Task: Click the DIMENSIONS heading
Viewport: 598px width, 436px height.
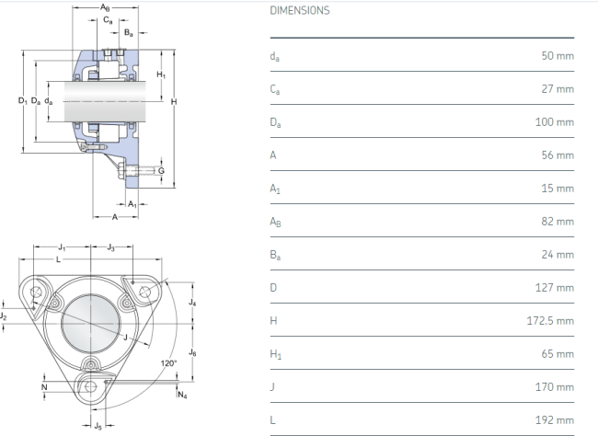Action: pos(300,10)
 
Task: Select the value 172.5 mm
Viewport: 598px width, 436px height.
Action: pos(550,321)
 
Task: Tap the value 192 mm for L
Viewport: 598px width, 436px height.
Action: pos(555,420)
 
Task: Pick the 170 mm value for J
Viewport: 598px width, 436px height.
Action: pos(555,387)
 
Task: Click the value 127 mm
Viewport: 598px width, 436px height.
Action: pos(555,288)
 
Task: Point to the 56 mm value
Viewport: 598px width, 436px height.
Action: pos(558,155)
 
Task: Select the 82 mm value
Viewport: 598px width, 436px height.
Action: pos(558,222)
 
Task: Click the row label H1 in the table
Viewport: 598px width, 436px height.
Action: pos(275,354)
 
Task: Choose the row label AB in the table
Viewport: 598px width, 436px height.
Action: pos(275,222)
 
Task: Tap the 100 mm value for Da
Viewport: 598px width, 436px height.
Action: pos(555,122)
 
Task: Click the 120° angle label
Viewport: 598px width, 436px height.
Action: pos(168,363)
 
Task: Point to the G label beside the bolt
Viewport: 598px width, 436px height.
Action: pos(161,171)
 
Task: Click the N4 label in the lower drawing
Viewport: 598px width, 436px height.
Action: pos(183,395)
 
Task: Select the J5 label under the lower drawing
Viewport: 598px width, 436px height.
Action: pos(98,426)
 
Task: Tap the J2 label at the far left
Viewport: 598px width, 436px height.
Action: pos(4,316)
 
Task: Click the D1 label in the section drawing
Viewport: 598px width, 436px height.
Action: pos(22,101)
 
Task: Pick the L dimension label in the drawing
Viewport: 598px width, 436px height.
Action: pos(58,259)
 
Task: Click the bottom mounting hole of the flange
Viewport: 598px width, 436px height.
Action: pos(91,387)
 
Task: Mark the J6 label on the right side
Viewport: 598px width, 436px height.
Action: pos(192,353)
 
